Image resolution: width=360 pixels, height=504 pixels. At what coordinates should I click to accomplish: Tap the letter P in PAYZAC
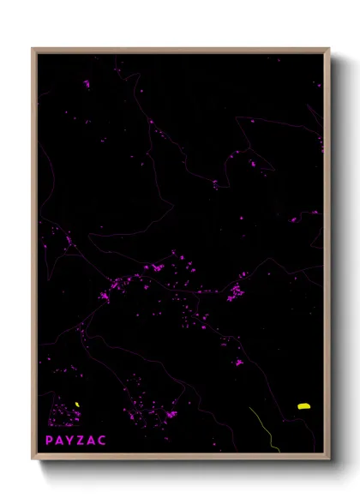pyautogui.click(x=50, y=440)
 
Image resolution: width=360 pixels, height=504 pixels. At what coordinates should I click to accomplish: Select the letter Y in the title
pyautogui.click(x=69, y=440)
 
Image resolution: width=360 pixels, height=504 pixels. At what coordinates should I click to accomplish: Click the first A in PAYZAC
pyautogui.click(x=59, y=440)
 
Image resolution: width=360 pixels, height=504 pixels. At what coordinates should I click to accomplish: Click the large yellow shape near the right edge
pyautogui.click(x=303, y=406)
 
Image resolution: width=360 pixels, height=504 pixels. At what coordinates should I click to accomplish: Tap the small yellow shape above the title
pyautogui.click(x=76, y=405)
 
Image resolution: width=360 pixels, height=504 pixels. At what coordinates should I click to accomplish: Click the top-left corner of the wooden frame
pyautogui.click(x=33, y=49)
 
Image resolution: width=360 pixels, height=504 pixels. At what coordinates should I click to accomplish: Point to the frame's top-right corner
pyautogui.click(x=329, y=49)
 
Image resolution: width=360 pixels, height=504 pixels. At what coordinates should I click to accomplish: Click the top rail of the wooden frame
pyautogui.click(x=180, y=50)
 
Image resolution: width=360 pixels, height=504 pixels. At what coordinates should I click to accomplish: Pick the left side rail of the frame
pyautogui.click(x=34, y=257)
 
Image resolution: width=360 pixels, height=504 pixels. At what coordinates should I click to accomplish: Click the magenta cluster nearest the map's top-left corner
pyautogui.click(x=86, y=84)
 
